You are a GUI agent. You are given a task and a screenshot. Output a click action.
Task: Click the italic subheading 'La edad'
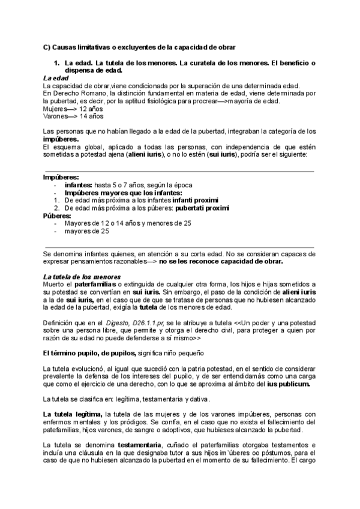coord(56,78)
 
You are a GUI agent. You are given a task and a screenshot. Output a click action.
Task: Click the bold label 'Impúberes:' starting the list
coord(61,178)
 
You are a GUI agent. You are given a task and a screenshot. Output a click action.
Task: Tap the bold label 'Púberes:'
coord(58,215)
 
